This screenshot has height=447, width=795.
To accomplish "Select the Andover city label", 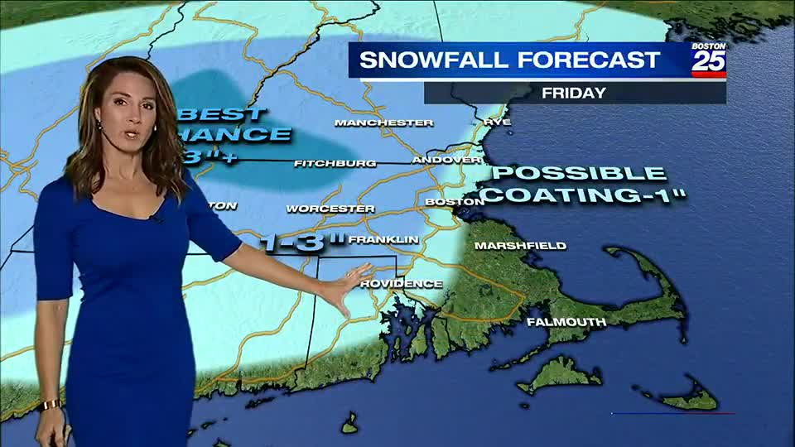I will (x=446, y=159).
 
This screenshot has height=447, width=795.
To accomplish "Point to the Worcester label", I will (x=330, y=209).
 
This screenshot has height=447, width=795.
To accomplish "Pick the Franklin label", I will (x=383, y=239).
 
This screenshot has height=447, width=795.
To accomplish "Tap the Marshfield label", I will (x=520, y=245).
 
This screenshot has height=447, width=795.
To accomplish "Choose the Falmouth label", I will (x=566, y=321).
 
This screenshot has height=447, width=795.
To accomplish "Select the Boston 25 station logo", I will (x=709, y=60).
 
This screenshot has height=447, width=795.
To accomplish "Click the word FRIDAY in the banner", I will (x=574, y=93).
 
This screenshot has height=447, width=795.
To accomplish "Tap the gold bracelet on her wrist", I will (x=50, y=405).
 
